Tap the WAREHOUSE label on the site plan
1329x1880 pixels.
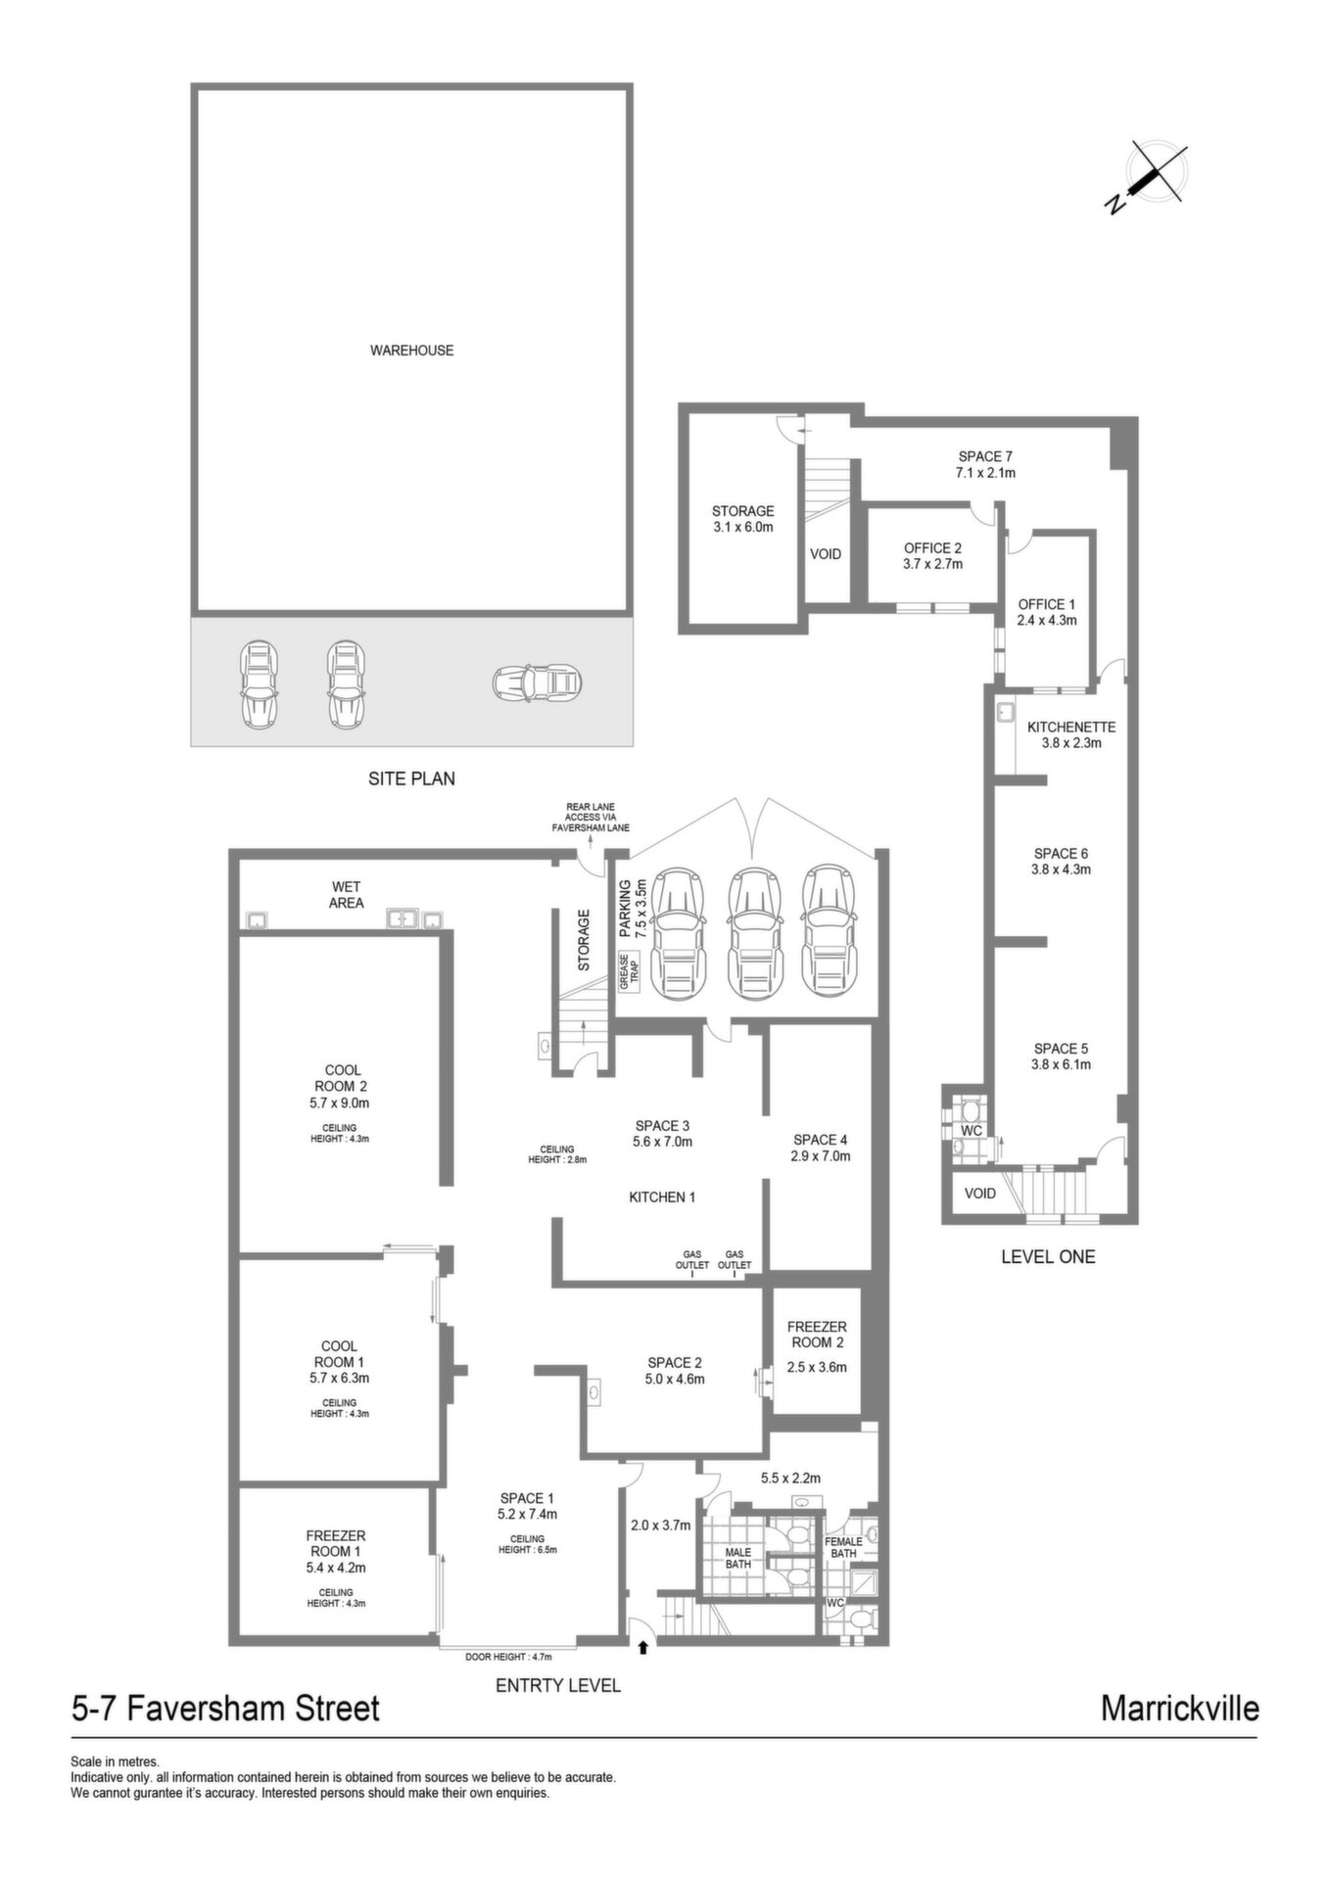coord(411,351)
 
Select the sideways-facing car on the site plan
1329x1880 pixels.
coord(537,682)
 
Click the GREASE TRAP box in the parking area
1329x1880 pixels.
coord(627,972)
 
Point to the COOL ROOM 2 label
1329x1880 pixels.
coord(341,1078)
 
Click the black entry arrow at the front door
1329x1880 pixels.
coord(642,1648)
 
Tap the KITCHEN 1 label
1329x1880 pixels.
coord(662,1197)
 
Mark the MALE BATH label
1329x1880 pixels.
coord(737,1558)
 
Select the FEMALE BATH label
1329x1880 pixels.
coord(843,1547)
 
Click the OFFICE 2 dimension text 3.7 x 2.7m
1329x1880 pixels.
coord(932,564)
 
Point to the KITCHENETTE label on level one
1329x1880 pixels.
coord(1071,728)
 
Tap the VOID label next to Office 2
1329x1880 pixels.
coord(826,554)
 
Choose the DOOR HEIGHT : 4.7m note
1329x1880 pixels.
coord(509,1657)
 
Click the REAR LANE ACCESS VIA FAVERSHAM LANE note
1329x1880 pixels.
coord(591,818)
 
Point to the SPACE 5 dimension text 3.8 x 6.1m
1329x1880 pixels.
coord(1061,1064)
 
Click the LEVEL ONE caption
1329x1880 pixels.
coord(1048,1256)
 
